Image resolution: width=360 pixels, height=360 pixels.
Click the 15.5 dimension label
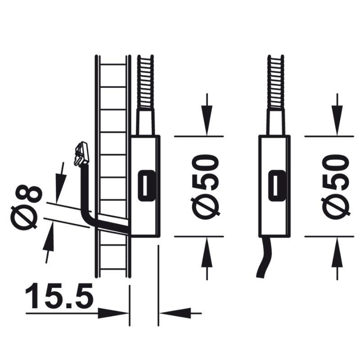tap(59, 296)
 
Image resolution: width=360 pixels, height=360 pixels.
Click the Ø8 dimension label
tap(27, 207)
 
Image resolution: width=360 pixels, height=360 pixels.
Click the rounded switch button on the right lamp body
tap(276, 185)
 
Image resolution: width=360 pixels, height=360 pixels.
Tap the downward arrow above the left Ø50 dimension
tap(207, 114)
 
